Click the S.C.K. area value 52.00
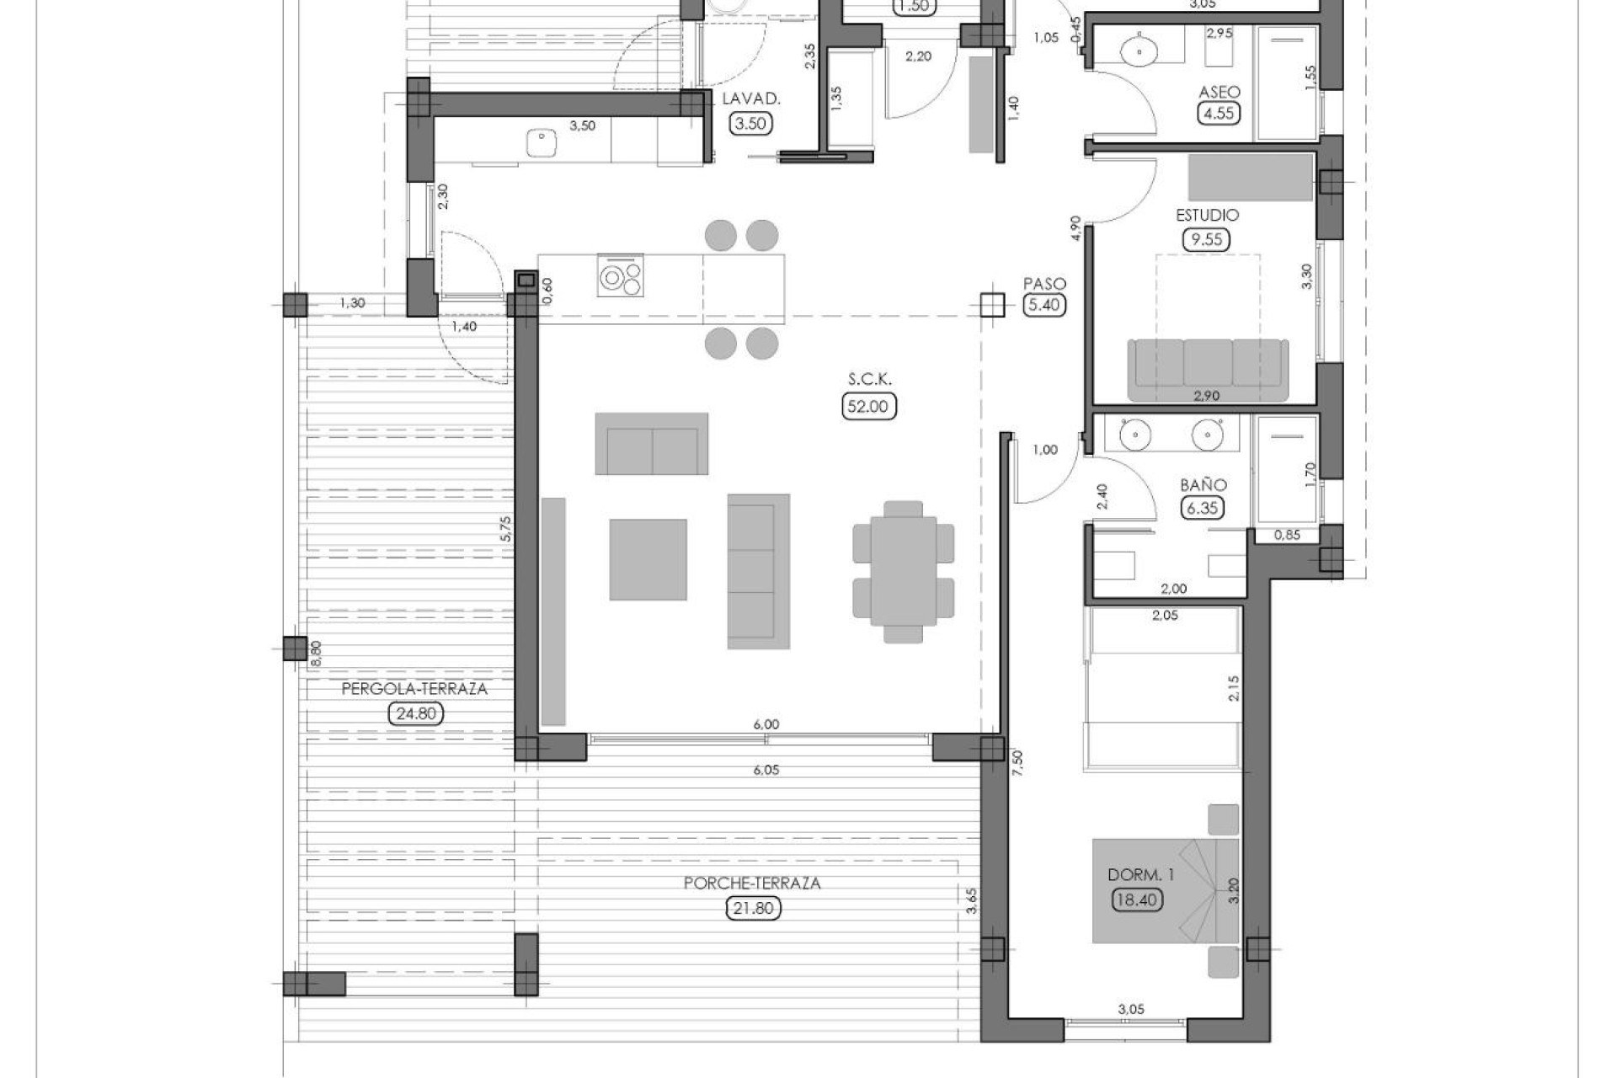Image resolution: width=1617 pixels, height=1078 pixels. click(x=868, y=406)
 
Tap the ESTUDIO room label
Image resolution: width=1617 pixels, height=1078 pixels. click(x=1207, y=216)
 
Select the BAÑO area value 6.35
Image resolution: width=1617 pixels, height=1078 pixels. click(x=1203, y=508)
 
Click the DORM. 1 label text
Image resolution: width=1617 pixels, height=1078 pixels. click(x=1140, y=875)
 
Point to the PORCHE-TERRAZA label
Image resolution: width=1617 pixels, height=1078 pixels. click(x=752, y=883)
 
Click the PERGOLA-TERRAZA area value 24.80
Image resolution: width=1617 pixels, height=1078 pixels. click(x=415, y=714)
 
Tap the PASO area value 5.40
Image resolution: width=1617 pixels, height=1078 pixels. click(x=1044, y=305)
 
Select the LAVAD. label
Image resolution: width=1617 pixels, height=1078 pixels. click(x=751, y=99)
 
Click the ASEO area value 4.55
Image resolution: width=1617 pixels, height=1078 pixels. click(x=1219, y=113)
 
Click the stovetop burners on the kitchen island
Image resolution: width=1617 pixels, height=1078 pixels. click(x=621, y=276)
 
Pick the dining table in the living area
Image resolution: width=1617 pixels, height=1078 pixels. click(x=903, y=571)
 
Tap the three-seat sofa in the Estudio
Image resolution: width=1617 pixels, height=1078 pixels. click(x=1207, y=369)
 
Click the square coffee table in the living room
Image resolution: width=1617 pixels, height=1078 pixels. click(x=648, y=559)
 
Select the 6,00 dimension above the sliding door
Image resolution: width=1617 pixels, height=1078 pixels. click(x=766, y=724)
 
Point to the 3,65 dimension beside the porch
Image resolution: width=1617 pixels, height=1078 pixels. click(x=971, y=900)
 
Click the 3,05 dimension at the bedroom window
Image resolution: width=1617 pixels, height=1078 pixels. click(x=1131, y=1009)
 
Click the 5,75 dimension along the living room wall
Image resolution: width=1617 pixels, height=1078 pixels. click(x=504, y=529)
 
